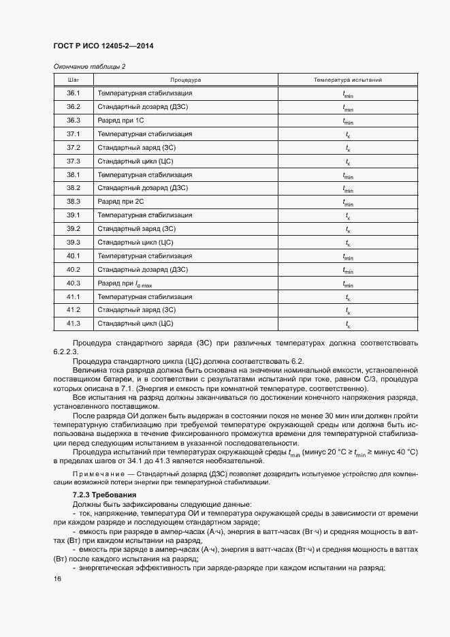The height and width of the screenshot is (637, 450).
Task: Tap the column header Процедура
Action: click(x=185, y=80)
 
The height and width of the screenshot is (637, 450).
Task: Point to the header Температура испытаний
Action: click(x=347, y=80)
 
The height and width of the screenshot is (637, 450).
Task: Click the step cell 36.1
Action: click(x=74, y=93)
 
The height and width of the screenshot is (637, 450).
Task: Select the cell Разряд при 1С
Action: click(x=121, y=121)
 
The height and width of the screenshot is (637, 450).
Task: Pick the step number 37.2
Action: click(x=74, y=148)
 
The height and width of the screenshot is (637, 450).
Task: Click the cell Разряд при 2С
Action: click(x=121, y=202)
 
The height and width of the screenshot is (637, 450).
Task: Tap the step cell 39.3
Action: click(x=74, y=243)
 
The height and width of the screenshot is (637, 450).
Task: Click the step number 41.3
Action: click(x=74, y=324)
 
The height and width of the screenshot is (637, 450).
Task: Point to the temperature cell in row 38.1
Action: click(x=347, y=175)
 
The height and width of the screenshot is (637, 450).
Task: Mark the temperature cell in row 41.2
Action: click(x=347, y=311)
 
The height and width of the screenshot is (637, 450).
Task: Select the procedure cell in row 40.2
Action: click(x=143, y=270)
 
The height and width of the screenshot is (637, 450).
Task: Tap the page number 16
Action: click(x=57, y=579)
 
